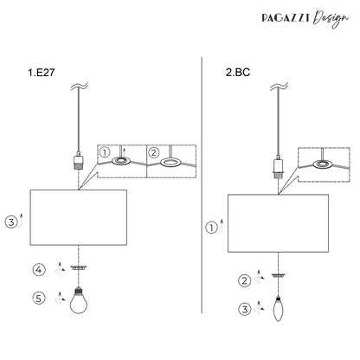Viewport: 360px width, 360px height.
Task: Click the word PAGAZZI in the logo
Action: pyautogui.click(x=286, y=18)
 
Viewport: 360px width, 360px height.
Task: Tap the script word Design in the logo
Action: pyautogui.click(x=331, y=19)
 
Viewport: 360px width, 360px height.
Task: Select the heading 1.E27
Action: pyautogui.click(x=41, y=73)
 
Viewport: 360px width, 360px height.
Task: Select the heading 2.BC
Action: pyautogui.click(x=238, y=72)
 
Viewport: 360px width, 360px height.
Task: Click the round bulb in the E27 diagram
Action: pyautogui.click(x=79, y=300)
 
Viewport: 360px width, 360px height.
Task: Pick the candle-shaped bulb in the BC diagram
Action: pyautogui.click(x=278, y=308)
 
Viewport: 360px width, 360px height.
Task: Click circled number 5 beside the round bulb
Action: pyautogui.click(x=39, y=298)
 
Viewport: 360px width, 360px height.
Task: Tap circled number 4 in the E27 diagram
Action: pyautogui.click(x=39, y=270)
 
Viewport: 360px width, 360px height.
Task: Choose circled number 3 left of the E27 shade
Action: pyautogui.click(x=11, y=222)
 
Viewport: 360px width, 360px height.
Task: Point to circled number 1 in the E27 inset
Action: pyautogui.click(x=105, y=152)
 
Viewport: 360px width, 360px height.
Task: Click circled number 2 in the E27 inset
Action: pyautogui.click(x=153, y=152)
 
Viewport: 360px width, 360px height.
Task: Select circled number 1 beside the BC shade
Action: pyautogui.click(x=211, y=228)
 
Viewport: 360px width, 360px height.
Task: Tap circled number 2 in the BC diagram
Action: pyautogui.click(x=245, y=280)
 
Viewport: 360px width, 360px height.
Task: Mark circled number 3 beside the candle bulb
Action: pyautogui.click(x=245, y=310)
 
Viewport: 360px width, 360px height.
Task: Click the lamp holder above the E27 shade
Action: pyautogui.click(x=79, y=161)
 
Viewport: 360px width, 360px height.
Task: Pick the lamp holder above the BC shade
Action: pyautogui.click(x=279, y=167)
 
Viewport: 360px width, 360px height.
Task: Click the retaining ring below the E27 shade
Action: pyautogui.click(x=79, y=268)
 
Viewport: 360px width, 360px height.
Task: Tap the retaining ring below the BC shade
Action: pyautogui.click(x=279, y=276)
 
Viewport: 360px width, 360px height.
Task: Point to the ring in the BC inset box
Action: pyautogui.click(x=324, y=164)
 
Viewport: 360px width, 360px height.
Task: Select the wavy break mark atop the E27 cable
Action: pyautogui.click(x=79, y=87)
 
